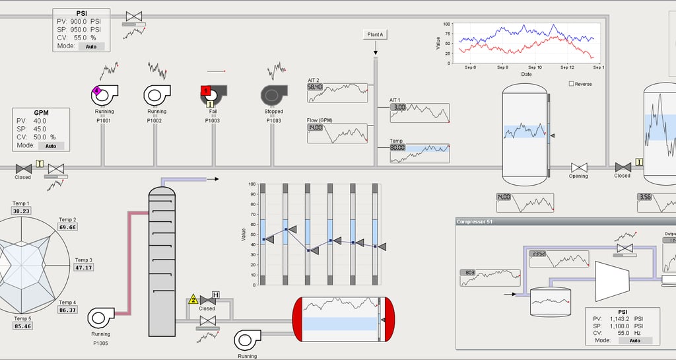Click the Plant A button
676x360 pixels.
click(x=375, y=34)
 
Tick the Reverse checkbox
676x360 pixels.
click(x=571, y=84)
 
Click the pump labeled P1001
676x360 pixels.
click(x=104, y=95)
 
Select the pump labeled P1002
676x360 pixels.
click(x=156, y=95)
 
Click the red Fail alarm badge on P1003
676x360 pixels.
click(x=205, y=90)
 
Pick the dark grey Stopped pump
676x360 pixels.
click(x=273, y=96)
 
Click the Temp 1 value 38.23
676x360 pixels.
click(x=22, y=211)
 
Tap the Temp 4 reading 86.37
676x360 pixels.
click(x=67, y=310)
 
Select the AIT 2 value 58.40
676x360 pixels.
click(x=315, y=87)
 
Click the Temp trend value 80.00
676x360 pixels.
click(x=397, y=148)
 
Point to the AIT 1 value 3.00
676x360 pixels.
click(x=398, y=107)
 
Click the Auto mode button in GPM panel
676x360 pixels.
click(x=50, y=145)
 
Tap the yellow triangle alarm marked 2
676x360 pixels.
click(x=193, y=300)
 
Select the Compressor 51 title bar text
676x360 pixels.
click(x=474, y=221)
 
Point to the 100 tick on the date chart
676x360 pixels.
click(x=447, y=24)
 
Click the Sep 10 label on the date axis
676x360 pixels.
click(x=535, y=67)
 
